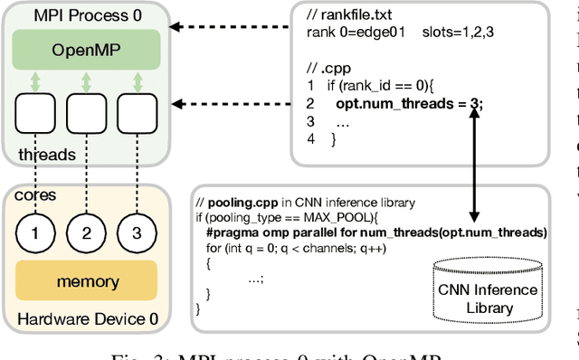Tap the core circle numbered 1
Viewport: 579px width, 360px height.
pos(35,234)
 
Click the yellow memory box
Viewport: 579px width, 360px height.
pos(87,282)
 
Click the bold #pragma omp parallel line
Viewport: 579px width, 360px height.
pos(375,232)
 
